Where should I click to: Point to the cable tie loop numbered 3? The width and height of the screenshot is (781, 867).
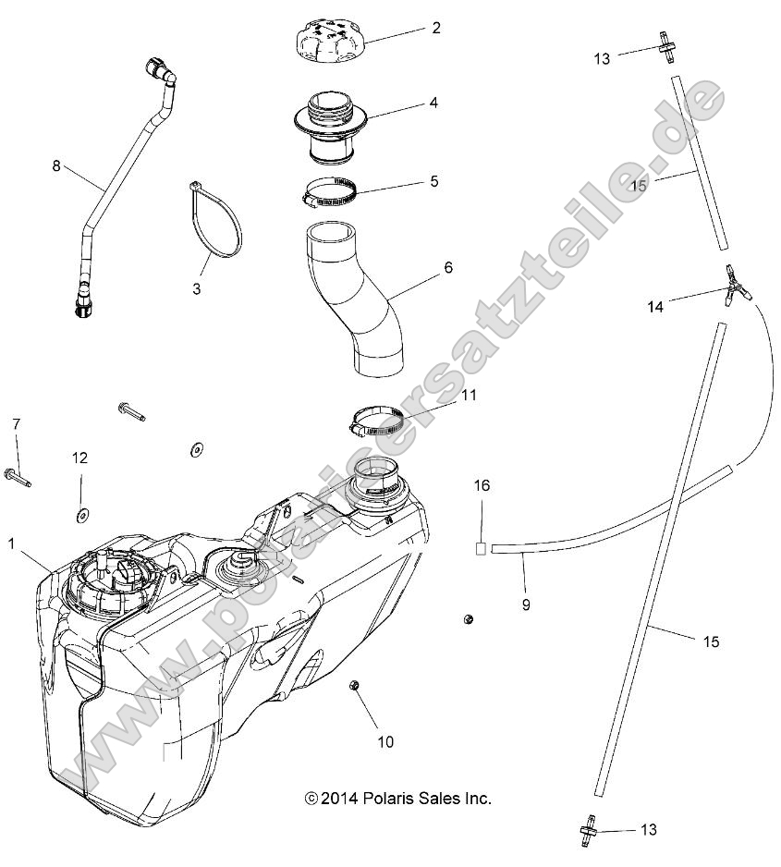pyautogui.click(x=218, y=222)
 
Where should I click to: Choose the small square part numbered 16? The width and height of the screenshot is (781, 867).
pyautogui.click(x=482, y=549)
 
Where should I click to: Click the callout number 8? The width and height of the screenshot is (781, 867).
pyautogui.click(x=56, y=166)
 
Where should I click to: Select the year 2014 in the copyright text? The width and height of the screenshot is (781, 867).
pyautogui.click(x=341, y=799)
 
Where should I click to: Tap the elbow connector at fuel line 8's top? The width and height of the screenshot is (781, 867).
pyautogui.click(x=159, y=71)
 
